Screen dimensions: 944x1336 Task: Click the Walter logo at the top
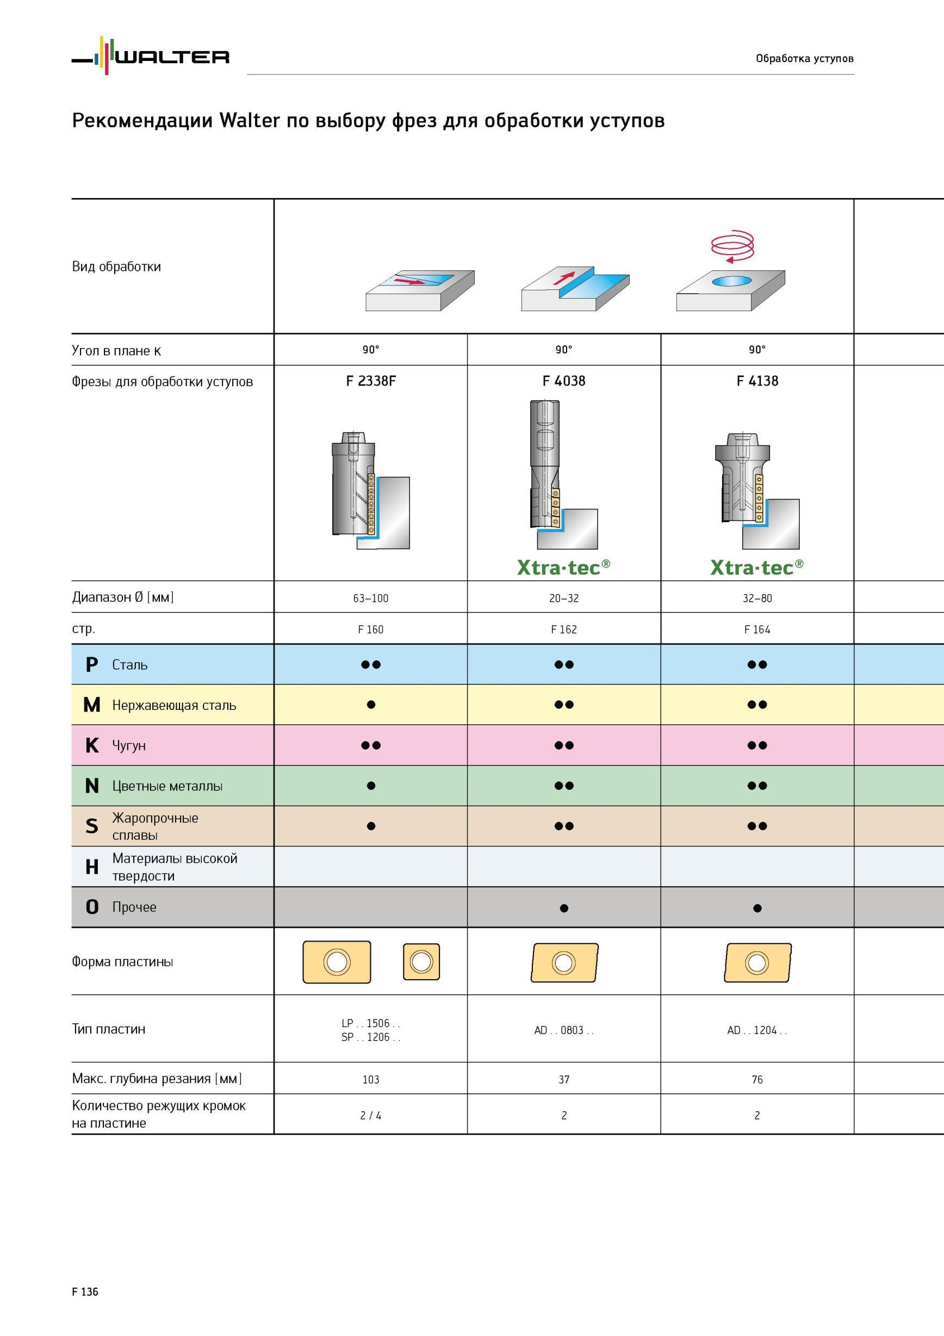[x=151, y=56]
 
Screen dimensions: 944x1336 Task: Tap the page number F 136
[x=85, y=1292]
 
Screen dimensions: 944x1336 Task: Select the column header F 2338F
[x=370, y=381]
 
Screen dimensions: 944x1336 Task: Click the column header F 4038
[x=563, y=381]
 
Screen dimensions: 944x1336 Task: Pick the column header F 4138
[x=757, y=381]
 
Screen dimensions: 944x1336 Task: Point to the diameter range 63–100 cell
[x=370, y=598]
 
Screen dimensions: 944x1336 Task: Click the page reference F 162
[x=563, y=629]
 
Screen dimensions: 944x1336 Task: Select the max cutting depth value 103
[x=370, y=1080]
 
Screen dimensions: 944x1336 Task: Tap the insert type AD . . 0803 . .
[x=563, y=1030]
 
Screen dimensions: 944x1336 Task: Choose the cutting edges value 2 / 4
[x=370, y=1116]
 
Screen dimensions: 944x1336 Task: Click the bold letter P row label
[x=91, y=665]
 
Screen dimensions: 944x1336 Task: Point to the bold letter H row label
[x=92, y=867]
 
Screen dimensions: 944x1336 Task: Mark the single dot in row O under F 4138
[x=757, y=908]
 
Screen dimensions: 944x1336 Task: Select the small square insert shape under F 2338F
[x=421, y=961]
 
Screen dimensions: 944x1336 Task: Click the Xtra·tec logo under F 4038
[x=563, y=567]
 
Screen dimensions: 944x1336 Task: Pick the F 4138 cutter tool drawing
[x=757, y=491]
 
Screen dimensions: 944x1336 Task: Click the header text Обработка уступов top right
[x=804, y=58]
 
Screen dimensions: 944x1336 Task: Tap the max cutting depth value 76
[x=757, y=1080]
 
